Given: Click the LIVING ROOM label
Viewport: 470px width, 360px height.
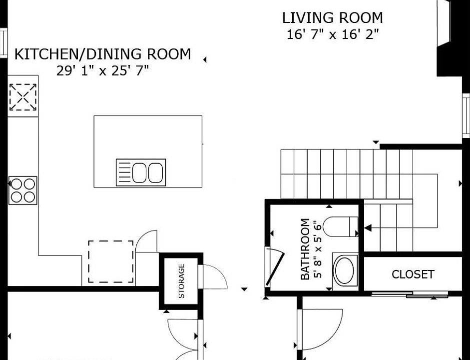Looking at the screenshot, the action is tap(333, 17).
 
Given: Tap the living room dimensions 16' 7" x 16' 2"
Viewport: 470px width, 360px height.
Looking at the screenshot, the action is tap(333, 34).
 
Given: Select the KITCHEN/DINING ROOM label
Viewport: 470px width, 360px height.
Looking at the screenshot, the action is tap(102, 54).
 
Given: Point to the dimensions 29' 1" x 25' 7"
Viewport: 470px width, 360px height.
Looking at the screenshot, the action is tap(102, 71).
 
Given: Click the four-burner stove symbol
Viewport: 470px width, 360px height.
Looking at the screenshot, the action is tap(23, 190).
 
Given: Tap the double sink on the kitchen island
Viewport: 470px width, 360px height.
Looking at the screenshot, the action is tap(148, 172).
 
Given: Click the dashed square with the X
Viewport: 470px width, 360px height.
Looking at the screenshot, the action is tap(23, 97).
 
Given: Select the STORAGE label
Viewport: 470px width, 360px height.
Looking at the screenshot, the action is tap(181, 281).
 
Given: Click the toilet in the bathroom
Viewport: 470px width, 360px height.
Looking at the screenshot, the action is tap(341, 226).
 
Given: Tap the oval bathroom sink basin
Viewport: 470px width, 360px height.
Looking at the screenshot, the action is tap(345, 270).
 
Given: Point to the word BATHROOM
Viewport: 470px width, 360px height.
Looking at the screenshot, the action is tap(305, 249).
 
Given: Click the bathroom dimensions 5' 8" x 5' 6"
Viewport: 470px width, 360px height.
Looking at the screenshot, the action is tap(318, 249).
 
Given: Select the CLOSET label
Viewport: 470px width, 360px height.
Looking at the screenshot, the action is tap(413, 274).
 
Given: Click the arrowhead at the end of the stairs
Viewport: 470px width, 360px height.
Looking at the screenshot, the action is tap(368, 228).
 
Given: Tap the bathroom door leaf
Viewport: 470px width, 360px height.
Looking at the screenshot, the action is tap(275, 267).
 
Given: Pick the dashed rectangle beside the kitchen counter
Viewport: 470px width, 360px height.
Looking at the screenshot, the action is tap(111, 261).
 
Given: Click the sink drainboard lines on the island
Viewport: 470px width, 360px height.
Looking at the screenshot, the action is tap(124, 172).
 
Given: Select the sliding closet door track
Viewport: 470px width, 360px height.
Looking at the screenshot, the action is tap(410, 293).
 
